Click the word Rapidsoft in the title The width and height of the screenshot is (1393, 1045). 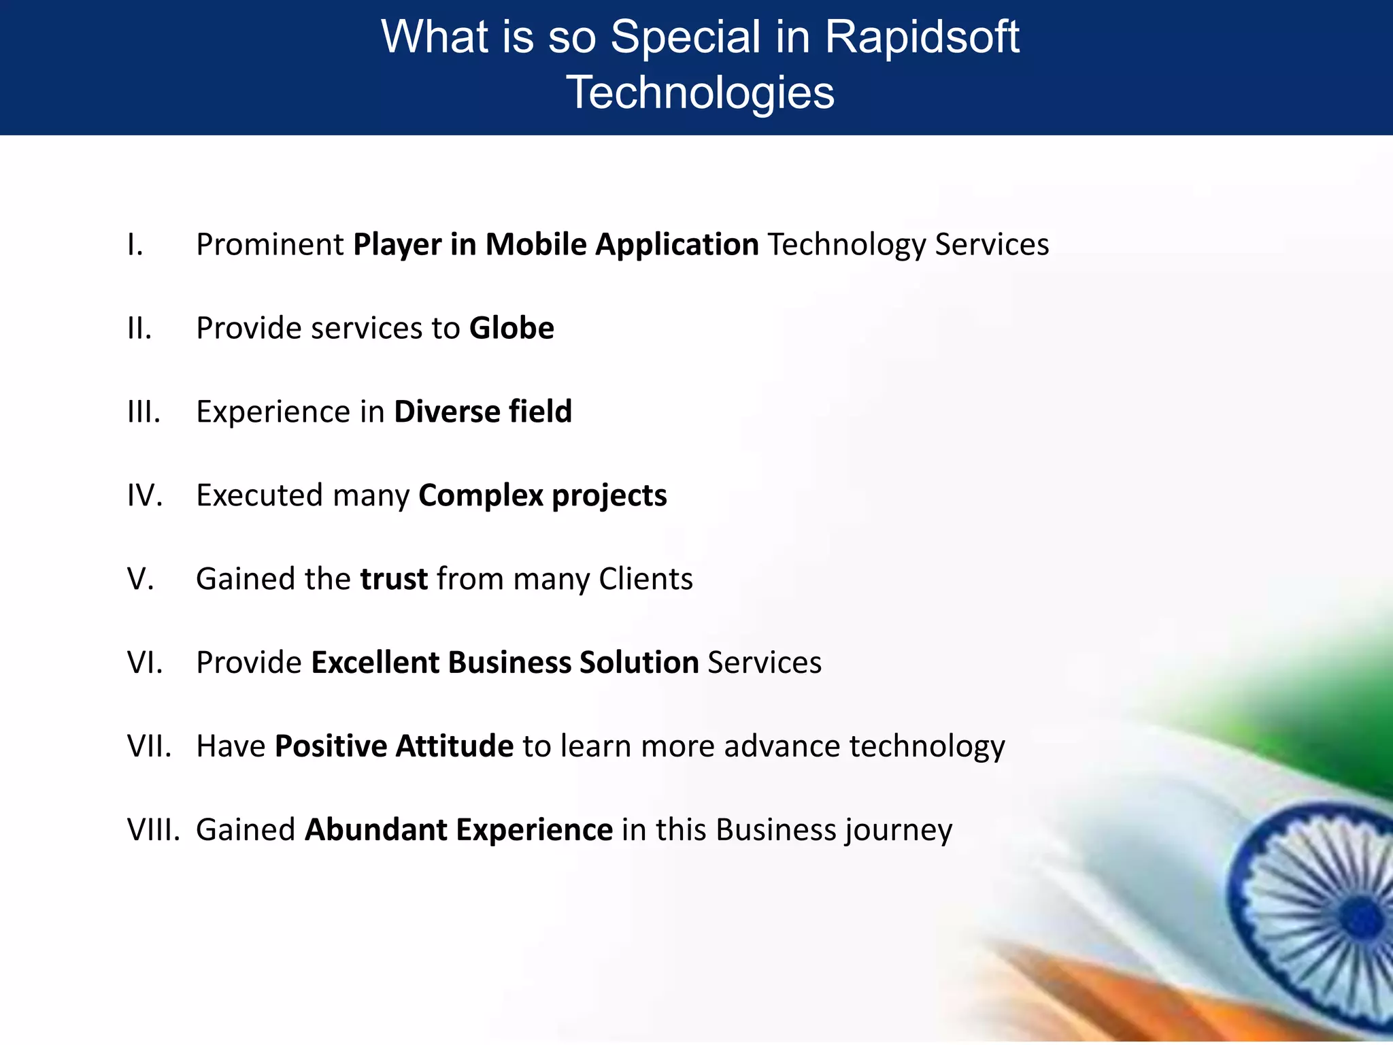(922, 37)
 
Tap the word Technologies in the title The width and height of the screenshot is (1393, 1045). (700, 93)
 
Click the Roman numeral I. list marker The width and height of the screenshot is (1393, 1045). (135, 245)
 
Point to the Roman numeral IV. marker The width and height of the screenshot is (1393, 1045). (145, 495)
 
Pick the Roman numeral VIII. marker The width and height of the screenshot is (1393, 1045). (153, 830)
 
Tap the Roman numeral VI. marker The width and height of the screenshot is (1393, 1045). (145, 663)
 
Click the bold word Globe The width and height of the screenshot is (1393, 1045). (511, 329)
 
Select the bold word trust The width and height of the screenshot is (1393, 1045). (394, 579)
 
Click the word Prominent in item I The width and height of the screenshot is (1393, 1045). (270, 245)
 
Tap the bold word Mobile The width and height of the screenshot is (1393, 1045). (535, 245)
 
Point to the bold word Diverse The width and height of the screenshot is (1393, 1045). (447, 412)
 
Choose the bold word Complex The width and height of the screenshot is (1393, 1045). (480, 496)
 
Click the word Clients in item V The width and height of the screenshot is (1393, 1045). (645, 579)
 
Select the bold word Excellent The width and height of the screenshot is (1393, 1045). (375, 663)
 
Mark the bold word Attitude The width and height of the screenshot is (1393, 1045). (454, 746)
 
